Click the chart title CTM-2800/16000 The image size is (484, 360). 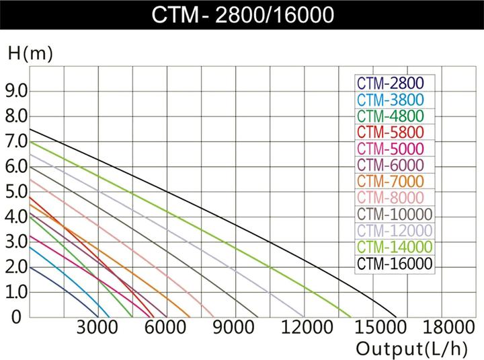point(242,15)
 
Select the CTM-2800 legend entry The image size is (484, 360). point(390,83)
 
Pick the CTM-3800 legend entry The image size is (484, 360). point(390,100)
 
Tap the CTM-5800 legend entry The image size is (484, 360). point(390,133)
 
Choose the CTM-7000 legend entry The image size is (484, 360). point(390,182)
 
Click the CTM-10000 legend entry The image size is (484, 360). point(394,215)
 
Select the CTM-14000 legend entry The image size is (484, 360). point(394,247)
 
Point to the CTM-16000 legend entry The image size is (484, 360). point(394,263)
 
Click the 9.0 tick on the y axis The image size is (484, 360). point(17,91)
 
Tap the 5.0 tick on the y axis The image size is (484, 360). point(17,192)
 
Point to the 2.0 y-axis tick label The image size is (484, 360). point(17,267)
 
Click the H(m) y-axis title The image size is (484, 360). point(30,54)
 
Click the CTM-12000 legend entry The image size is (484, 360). point(394,231)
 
